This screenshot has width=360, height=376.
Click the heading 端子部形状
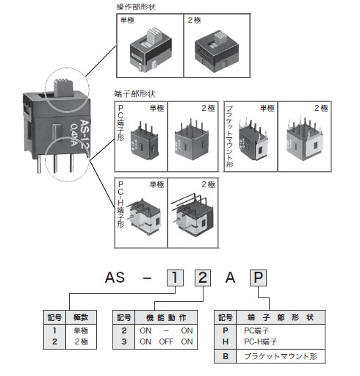point(137,94)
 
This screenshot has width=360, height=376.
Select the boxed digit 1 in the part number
point(174,278)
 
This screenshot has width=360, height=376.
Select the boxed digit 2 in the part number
point(203,278)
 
